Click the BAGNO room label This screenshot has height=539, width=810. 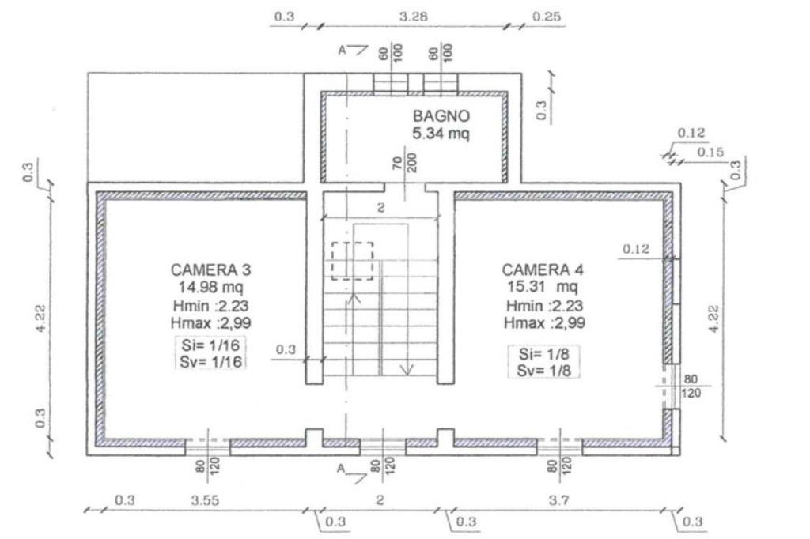[x=441, y=115]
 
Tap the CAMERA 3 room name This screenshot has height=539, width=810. [x=210, y=269]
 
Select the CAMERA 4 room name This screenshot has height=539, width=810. [x=543, y=269]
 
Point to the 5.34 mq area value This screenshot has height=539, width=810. [x=441, y=134]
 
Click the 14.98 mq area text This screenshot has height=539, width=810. [x=210, y=287]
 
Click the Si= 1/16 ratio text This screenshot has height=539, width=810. [x=210, y=345]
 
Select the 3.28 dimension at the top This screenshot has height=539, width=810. [x=413, y=17]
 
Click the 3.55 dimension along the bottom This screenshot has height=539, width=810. [x=205, y=500]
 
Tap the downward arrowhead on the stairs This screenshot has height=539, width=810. [x=407, y=370]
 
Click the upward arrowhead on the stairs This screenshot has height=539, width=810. [x=354, y=298]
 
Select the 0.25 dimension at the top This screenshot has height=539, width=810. [x=547, y=17]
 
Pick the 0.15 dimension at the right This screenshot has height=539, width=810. [x=710, y=153]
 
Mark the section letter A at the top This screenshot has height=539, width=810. [x=342, y=50]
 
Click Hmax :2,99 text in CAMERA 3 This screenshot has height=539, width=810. [x=210, y=323]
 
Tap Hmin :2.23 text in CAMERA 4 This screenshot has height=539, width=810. [x=544, y=306]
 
